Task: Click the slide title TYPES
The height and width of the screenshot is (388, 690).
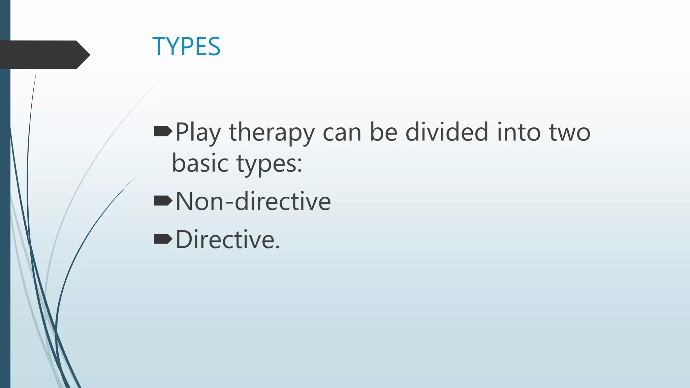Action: pos(186,46)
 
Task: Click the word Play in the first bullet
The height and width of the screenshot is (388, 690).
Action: pos(198,133)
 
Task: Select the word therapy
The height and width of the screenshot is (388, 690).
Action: pos(272,133)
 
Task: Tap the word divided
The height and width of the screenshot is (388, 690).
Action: pos(447,132)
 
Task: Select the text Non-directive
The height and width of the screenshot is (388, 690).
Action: pos(253,201)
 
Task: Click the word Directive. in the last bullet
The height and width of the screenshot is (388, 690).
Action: pos(228,239)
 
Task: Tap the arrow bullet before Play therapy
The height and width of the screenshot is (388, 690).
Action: pos(163,132)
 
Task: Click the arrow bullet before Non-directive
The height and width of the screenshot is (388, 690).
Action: pos(163,201)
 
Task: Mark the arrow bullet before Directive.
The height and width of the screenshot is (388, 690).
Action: pos(163,239)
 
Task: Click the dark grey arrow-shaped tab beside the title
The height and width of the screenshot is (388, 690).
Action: pos(44,55)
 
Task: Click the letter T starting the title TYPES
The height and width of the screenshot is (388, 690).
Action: pos(160,46)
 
